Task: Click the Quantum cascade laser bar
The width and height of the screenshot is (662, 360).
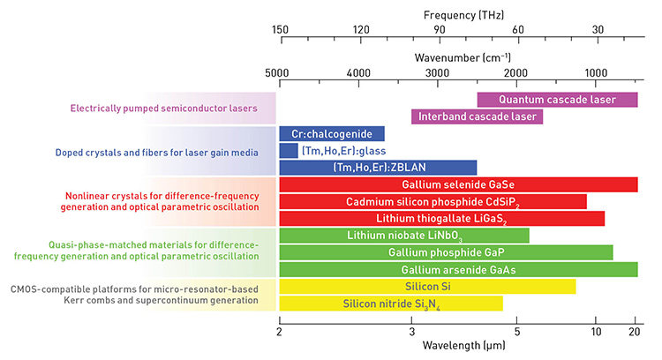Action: (557, 100)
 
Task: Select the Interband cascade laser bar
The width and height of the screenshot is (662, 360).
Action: (477, 116)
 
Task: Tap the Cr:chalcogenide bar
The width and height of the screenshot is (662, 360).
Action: (331, 134)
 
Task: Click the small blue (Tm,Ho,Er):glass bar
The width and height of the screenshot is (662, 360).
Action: (288, 151)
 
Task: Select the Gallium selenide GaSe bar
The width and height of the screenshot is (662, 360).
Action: (458, 184)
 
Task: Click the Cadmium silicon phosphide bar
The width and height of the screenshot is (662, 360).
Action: (433, 201)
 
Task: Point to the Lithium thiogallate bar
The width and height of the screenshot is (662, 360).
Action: (441, 218)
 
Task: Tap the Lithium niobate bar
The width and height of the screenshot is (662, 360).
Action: (404, 236)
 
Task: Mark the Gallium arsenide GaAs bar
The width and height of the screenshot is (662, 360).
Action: (458, 269)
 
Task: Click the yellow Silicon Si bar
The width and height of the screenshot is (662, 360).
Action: (427, 287)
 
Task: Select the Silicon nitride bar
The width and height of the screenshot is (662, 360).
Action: (391, 304)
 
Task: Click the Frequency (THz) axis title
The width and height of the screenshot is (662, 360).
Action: (461, 15)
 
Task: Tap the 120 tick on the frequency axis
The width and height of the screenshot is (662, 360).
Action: (360, 29)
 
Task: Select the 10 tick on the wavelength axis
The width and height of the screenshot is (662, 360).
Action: (596, 331)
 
